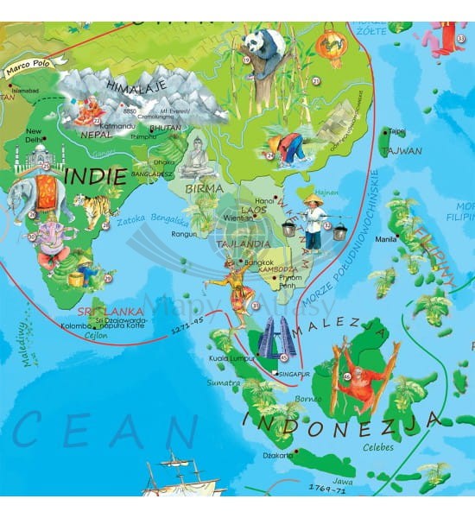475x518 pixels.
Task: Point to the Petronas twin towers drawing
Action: [276, 338]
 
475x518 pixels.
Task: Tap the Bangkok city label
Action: [258, 262]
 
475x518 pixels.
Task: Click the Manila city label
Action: [384, 239]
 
